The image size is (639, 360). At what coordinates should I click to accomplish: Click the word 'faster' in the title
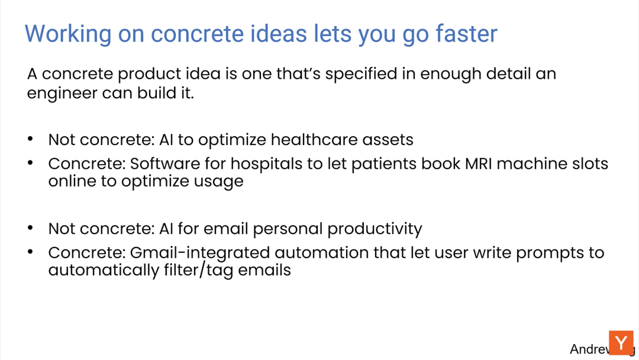466,33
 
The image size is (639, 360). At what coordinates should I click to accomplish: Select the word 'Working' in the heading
67,34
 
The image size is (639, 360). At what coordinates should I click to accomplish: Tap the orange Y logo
621,343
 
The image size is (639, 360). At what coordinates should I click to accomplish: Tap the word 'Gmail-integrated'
200,253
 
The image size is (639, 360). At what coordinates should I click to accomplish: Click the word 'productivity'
375,229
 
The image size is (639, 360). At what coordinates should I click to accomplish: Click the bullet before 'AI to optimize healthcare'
31,139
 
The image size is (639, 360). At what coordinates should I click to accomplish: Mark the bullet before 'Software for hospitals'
31,163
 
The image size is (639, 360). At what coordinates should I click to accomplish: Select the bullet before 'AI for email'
31,227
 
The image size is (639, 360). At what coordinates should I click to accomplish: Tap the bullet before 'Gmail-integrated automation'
31,252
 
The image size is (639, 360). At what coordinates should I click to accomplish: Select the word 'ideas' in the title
278,33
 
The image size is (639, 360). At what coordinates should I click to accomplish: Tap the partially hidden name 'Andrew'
589,349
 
